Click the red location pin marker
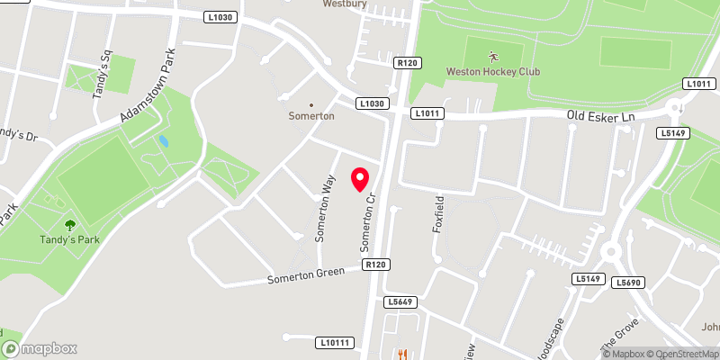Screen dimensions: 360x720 pos(361,179)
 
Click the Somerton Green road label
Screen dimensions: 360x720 pos(306,275)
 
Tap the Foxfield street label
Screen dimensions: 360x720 pos(439,214)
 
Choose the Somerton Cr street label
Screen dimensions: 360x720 pos(367,225)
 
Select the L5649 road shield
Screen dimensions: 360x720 pos(400,301)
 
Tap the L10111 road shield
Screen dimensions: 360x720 pos(335,342)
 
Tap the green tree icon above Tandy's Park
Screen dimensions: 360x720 pos(70,225)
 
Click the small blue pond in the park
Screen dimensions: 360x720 pos(163,142)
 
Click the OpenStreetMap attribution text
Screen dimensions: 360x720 pos(680,353)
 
